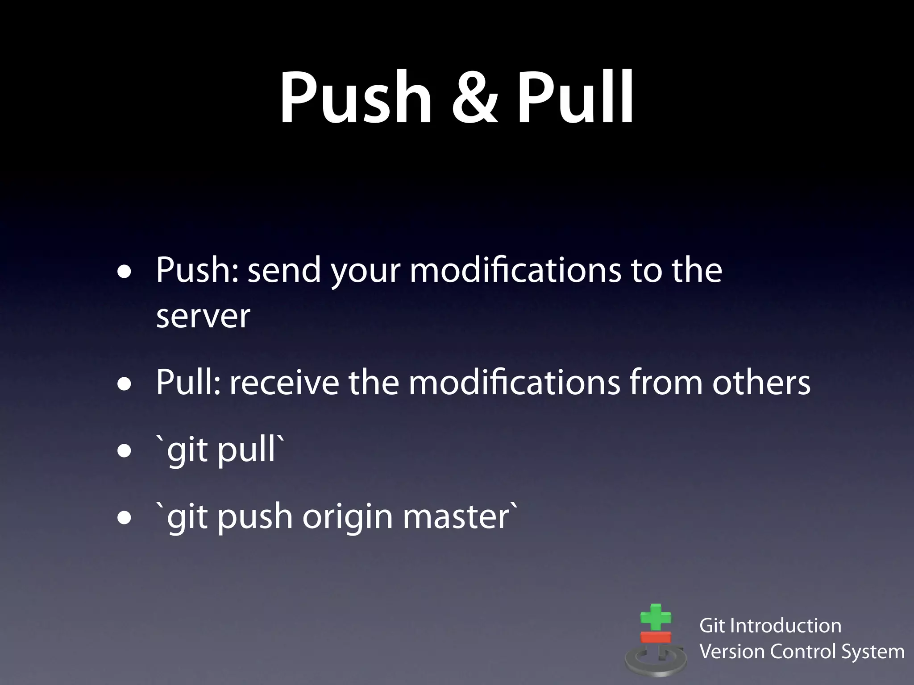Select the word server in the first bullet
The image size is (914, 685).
203,317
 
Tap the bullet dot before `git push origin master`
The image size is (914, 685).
125,518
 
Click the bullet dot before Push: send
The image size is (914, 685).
125,272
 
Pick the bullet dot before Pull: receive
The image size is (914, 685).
125,384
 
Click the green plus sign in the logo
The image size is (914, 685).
655,618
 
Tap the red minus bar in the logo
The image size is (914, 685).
656,637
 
